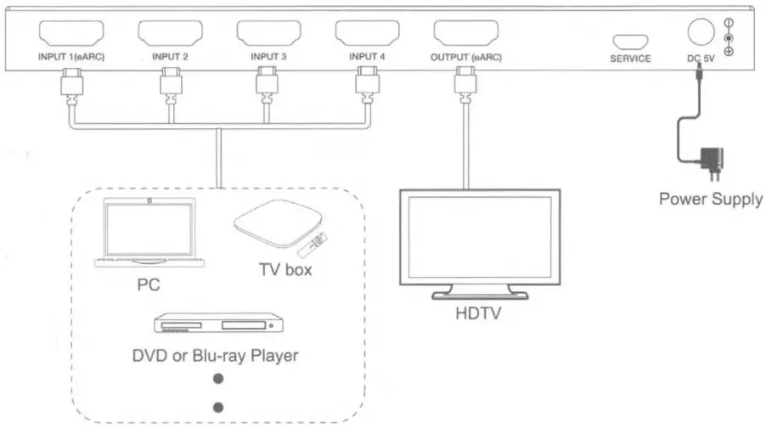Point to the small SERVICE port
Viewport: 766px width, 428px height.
click(630, 41)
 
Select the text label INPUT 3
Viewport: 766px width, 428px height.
click(268, 58)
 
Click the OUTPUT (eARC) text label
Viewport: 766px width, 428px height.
click(465, 58)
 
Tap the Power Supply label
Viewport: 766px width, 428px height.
click(711, 200)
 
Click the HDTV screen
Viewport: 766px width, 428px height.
click(479, 240)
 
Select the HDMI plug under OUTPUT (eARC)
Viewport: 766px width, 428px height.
click(465, 83)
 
